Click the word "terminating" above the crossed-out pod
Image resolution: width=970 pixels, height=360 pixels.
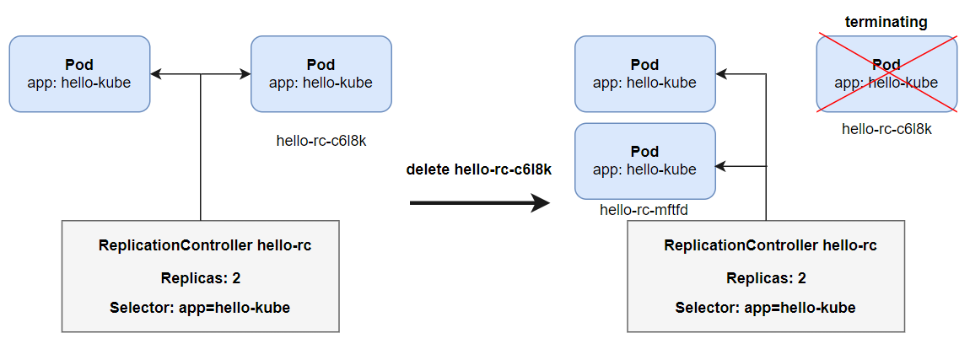[886, 23]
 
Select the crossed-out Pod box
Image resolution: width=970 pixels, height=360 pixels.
[886, 74]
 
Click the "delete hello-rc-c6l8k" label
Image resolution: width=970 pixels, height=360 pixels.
[478, 169]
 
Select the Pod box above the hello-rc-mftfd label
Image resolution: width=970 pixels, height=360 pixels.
[645, 160]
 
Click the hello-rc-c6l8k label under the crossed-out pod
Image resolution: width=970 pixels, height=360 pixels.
[886, 129]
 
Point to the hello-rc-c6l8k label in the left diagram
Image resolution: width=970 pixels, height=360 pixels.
[321, 141]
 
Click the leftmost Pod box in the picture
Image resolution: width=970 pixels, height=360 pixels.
[79, 73]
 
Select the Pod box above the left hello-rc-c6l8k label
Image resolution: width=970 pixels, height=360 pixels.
[321, 73]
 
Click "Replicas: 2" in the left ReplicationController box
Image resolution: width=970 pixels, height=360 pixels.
[201, 278]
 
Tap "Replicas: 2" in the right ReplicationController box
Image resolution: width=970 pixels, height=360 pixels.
[766, 278]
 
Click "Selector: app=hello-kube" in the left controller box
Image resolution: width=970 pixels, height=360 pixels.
[200, 308]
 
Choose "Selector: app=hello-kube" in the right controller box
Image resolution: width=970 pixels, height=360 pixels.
[765, 308]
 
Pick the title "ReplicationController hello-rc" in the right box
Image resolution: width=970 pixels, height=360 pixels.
[770, 246]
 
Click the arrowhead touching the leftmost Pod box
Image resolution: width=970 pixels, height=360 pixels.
[156, 74]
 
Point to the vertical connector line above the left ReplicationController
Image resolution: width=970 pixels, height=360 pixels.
[200, 152]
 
